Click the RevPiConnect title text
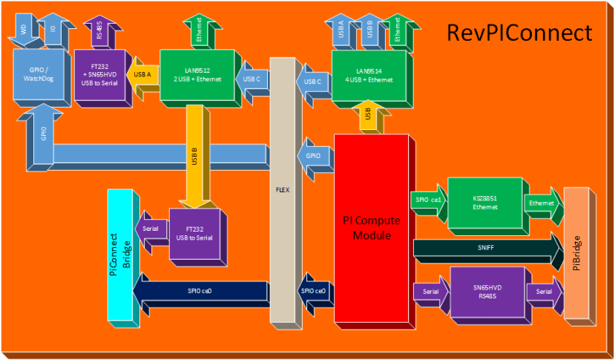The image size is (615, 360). [519, 33]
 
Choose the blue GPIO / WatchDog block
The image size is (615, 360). [40, 77]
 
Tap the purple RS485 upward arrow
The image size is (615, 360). [99, 31]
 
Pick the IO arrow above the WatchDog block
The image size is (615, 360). [52, 31]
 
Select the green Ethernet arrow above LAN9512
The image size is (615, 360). [199, 32]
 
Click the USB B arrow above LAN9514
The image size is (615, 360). [369, 31]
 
